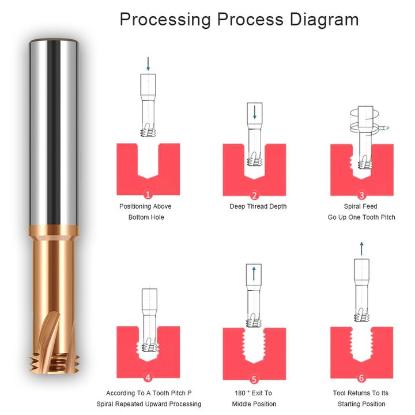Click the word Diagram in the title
324,20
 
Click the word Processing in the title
165,20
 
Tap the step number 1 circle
148,195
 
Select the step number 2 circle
254,195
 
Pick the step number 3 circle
361,195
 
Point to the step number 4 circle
148,378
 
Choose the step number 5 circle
254,379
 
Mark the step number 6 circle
361,378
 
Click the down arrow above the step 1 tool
148,64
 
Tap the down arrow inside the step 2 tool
255,112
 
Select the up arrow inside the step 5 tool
254,273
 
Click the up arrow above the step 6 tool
361,248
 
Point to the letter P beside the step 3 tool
388,128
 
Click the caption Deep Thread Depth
258,206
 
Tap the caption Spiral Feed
360,206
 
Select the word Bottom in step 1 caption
138,217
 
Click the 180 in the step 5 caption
240,393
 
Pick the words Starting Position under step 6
361,404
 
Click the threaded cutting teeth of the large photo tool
55,363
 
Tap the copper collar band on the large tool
54,231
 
